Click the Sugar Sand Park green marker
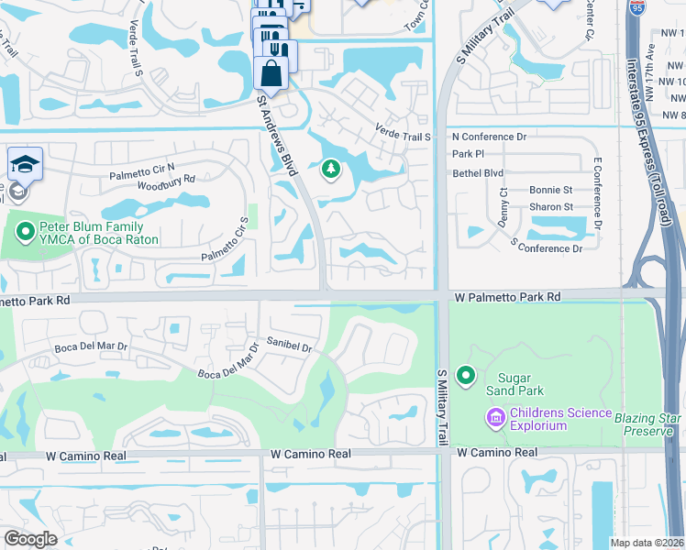(x=466, y=376)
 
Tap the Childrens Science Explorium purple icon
(x=496, y=418)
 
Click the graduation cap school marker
(x=25, y=166)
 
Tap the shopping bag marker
(x=272, y=71)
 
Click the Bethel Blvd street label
(x=478, y=171)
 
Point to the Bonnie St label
(x=550, y=190)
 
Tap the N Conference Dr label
(x=489, y=137)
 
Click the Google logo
(x=30, y=539)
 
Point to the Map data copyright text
(x=647, y=543)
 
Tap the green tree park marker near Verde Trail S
(x=330, y=169)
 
